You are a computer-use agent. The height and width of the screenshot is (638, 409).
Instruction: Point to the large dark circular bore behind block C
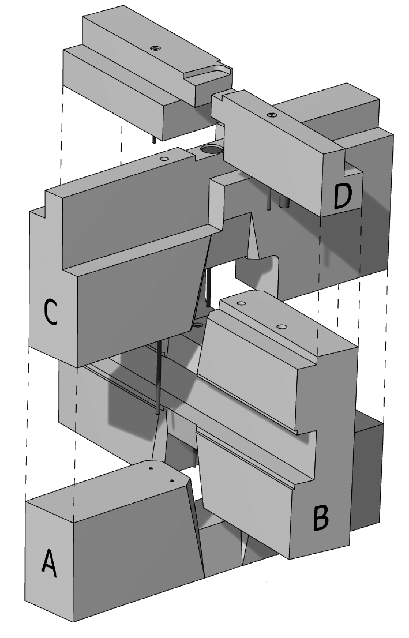coord(212,150)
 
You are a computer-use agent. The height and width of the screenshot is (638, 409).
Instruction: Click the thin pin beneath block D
coord(269,199)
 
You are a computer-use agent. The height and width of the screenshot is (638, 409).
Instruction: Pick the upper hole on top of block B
coord(241,303)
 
